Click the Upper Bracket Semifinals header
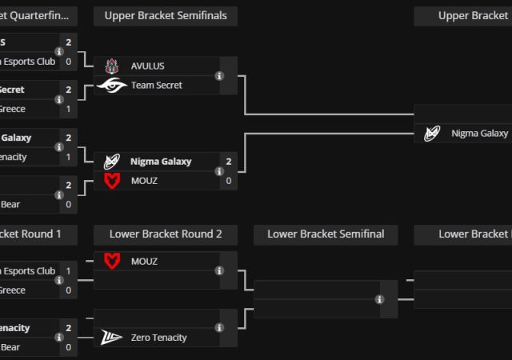[x=166, y=15]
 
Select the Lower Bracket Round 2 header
[x=166, y=234]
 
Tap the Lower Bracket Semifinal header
[x=326, y=234]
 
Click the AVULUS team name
[x=147, y=66]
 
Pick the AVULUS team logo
[x=112, y=66]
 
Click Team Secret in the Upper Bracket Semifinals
[x=157, y=85]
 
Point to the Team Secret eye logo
[x=112, y=85]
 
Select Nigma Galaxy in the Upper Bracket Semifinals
[x=161, y=162]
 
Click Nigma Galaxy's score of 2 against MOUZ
[x=229, y=162]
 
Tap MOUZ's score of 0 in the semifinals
[x=229, y=181]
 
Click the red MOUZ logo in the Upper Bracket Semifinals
[x=112, y=181]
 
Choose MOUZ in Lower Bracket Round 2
[x=144, y=262]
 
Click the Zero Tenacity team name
[x=158, y=338]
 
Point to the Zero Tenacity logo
[x=112, y=338]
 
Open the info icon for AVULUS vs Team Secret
[x=219, y=76]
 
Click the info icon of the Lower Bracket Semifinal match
[x=379, y=300]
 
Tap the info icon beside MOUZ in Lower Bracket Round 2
[x=219, y=271]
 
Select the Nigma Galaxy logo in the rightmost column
[x=432, y=134]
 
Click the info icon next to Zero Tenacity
[x=219, y=327]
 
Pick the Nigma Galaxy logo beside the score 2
[x=112, y=162]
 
